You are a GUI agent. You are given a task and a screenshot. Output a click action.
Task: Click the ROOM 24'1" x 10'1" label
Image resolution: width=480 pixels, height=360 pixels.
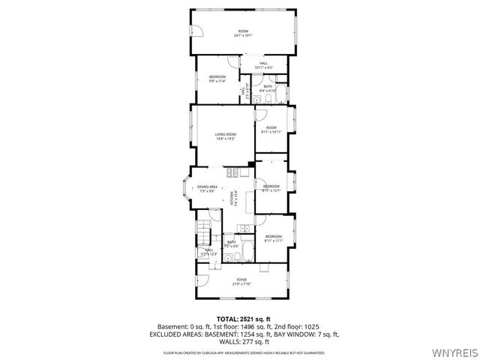[243, 32]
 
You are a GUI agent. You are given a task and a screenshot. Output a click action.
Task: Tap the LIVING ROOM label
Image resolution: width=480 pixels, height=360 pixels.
[226, 136]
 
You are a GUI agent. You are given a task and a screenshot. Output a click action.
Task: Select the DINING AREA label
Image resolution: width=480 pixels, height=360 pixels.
[207, 189]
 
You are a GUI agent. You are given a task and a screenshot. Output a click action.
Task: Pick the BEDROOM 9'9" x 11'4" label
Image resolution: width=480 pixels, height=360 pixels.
[217, 79]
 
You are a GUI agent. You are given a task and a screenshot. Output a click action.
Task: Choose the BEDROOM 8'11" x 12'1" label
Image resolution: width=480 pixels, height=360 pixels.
[271, 188]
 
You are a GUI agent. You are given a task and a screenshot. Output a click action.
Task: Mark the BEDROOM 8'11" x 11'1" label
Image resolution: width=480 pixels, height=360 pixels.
[273, 238]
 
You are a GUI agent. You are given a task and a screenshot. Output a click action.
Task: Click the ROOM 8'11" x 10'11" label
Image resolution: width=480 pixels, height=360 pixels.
[271, 130]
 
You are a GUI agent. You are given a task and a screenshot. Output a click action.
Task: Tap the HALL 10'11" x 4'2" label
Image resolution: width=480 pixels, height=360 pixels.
[264, 65]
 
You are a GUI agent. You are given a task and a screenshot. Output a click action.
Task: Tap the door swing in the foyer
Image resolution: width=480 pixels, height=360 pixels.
[201, 283]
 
